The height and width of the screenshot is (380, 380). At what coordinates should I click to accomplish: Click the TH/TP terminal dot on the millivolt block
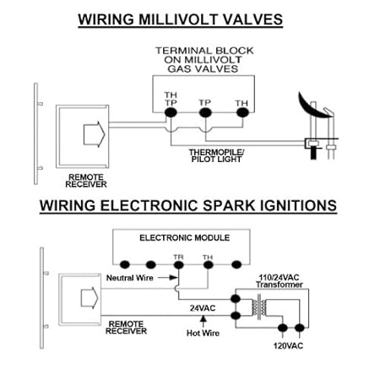[171, 112]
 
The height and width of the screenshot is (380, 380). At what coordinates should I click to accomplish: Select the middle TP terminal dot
[205, 113]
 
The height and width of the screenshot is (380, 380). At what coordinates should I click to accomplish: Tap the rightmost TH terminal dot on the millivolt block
[242, 112]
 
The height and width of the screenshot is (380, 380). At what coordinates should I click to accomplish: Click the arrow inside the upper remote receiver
[95, 134]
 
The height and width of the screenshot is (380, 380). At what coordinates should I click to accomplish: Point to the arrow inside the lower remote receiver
[90, 298]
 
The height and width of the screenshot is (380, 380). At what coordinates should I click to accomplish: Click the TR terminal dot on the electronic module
[179, 264]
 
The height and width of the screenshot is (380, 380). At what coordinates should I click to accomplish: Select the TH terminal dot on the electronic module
[208, 264]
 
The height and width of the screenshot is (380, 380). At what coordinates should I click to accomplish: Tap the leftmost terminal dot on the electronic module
[125, 264]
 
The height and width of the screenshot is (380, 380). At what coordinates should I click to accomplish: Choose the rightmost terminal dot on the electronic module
[236, 264]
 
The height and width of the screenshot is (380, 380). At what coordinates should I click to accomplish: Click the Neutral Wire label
[130, 278]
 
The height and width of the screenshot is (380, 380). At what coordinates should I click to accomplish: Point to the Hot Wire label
[203, 334]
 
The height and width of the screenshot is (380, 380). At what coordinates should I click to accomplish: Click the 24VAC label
[203, 308]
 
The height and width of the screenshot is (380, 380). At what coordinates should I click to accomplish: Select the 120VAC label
[288, 345]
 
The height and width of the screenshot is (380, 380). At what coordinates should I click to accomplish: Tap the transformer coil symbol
[259, 307]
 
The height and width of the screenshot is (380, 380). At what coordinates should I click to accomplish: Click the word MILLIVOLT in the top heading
[178, 19]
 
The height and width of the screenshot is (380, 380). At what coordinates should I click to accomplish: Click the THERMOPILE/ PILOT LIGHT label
[216, 155]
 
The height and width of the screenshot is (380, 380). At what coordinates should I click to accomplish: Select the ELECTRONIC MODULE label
[185, 238]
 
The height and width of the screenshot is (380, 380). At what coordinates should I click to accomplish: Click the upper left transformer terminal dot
[236, 299]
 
